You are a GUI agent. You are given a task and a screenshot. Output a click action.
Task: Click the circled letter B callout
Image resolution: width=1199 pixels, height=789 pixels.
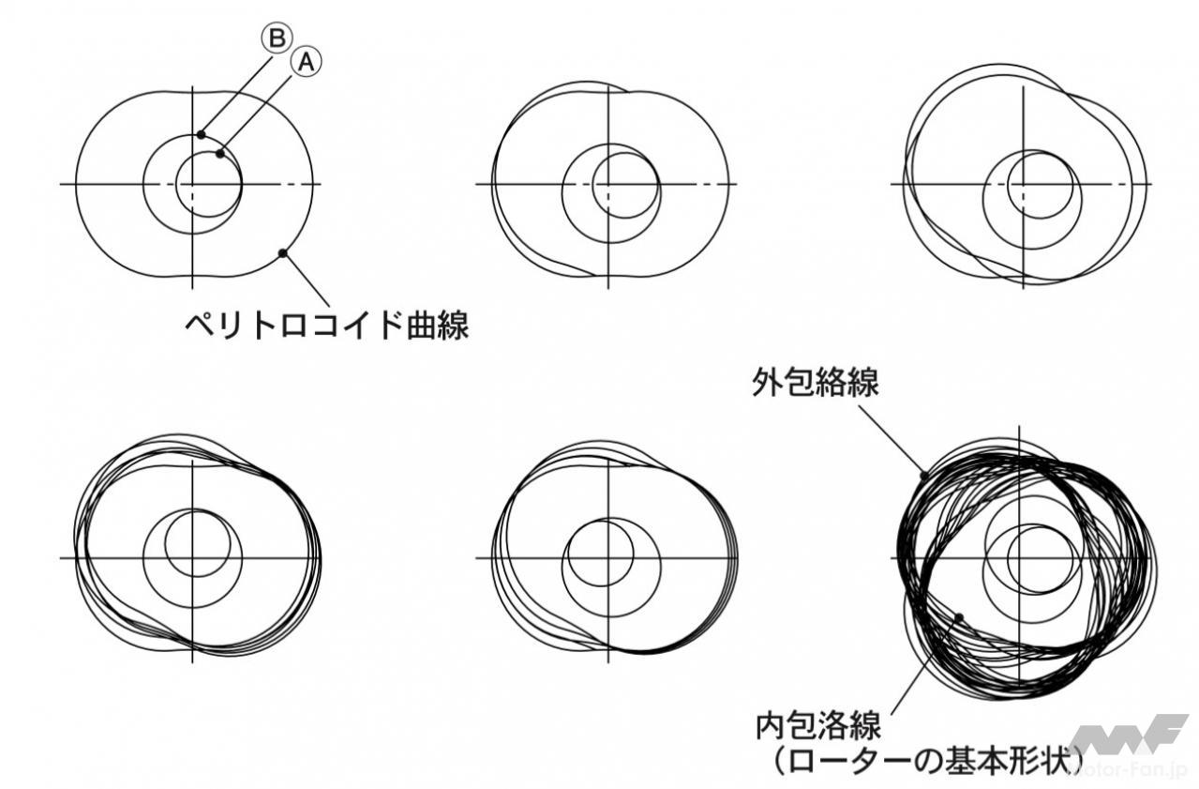tap(277, 38)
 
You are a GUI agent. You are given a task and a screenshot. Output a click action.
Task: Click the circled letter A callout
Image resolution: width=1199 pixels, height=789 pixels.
tap(306, 62)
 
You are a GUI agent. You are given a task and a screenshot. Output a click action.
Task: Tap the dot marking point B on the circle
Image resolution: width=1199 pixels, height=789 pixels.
tap(201, 134)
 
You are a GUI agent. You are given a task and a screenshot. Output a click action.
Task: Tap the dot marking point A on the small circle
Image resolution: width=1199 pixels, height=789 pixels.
tap(220, 154)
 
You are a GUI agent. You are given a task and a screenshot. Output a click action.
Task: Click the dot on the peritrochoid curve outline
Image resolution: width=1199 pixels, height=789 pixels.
tap(283, 252)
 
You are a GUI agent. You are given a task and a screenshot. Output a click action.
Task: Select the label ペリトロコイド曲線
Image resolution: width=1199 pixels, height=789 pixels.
tap(327, 326)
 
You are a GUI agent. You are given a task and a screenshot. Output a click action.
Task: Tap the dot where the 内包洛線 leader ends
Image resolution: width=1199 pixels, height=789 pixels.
tap(959, 617)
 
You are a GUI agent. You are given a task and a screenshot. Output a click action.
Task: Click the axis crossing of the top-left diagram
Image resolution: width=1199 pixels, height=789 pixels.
tap(192, 184)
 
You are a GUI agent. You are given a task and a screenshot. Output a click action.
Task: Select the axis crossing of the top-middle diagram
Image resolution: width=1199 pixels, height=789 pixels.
tap(608, 184)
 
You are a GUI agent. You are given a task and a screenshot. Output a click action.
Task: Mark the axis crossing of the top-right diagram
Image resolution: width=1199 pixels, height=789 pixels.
tap(1024, 184)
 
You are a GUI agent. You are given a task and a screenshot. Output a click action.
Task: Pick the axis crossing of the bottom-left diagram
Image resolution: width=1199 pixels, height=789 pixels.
tap(192, 558)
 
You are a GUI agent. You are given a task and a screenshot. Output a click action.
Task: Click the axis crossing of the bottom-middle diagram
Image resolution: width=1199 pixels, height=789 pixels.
tap(608, 558)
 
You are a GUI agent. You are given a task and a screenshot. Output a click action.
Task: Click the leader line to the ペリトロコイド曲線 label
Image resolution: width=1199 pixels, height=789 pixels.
tap(307, 280)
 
